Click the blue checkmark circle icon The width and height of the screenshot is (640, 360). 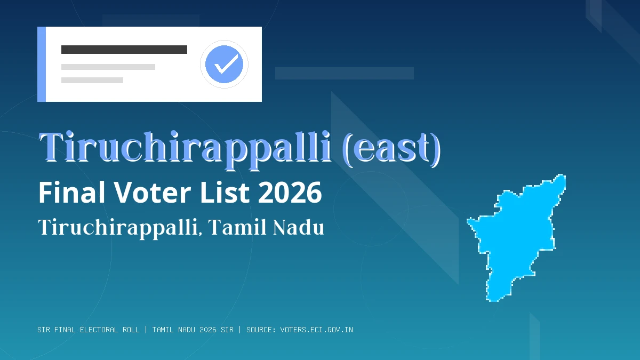(224, 64)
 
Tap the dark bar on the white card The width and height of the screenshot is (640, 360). (124, 50)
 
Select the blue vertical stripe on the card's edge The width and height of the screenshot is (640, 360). (42, 64)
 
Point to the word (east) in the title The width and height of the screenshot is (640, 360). (392, 148)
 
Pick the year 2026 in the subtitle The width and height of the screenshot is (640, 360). (290, 193)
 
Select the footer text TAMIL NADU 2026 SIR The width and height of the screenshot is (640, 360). (193, 330)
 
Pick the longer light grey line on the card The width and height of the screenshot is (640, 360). (108, 67)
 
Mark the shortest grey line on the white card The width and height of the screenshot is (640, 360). (92, 81)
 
